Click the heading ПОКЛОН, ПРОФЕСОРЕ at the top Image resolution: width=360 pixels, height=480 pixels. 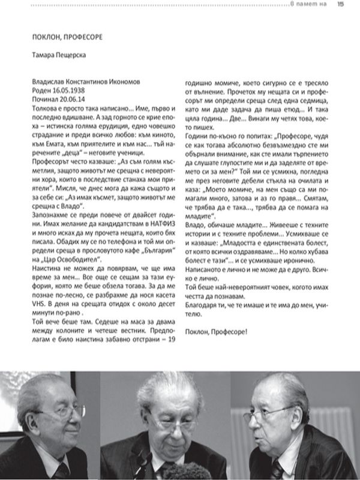point(67,37)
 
